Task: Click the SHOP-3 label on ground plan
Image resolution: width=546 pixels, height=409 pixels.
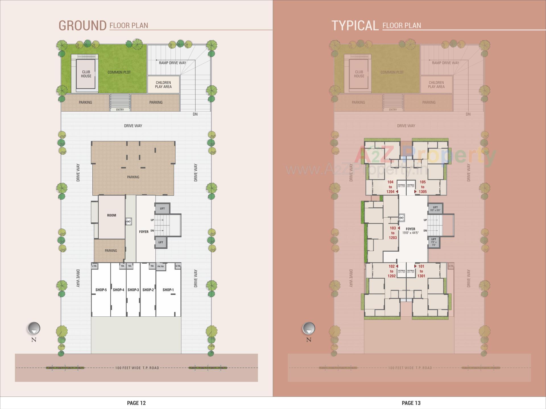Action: click(133, 290)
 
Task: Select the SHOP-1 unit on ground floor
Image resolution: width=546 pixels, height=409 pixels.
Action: click(168, 290)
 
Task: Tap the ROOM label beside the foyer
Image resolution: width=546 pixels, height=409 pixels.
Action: click(111, 215)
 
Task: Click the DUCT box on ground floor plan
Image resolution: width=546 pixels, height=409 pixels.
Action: click(129, 222)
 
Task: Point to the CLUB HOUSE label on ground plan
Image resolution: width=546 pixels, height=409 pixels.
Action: click(86, 74)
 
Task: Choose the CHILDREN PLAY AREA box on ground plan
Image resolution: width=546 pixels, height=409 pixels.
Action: click(163, 85)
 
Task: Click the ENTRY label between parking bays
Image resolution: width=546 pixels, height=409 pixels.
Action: click(120, 110)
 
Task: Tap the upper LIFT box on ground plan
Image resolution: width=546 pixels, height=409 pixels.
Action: click(162, 208)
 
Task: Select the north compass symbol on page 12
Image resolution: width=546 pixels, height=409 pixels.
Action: click(34, 329)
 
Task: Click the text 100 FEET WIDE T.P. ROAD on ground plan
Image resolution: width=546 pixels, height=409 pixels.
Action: click(137, 368)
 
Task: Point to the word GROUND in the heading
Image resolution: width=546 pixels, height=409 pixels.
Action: click(82, 26)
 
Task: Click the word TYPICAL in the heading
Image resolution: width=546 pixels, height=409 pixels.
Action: click(355, 26)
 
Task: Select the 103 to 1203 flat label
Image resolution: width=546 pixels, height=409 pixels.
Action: click(393, 233)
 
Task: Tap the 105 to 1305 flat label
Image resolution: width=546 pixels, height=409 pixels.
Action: click(423, 187)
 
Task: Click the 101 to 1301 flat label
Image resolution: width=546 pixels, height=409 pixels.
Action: click(421, 271)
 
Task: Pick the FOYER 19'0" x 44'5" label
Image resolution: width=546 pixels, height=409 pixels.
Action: click(410, 231)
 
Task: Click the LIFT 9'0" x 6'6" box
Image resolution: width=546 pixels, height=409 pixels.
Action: click(435, 209)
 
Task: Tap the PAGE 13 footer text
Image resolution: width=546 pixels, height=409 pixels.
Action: click(411, 403)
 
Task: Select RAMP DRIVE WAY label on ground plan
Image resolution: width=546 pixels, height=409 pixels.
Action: click(172, 63)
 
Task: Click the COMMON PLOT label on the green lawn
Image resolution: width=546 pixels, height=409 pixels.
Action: click(119, 72)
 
